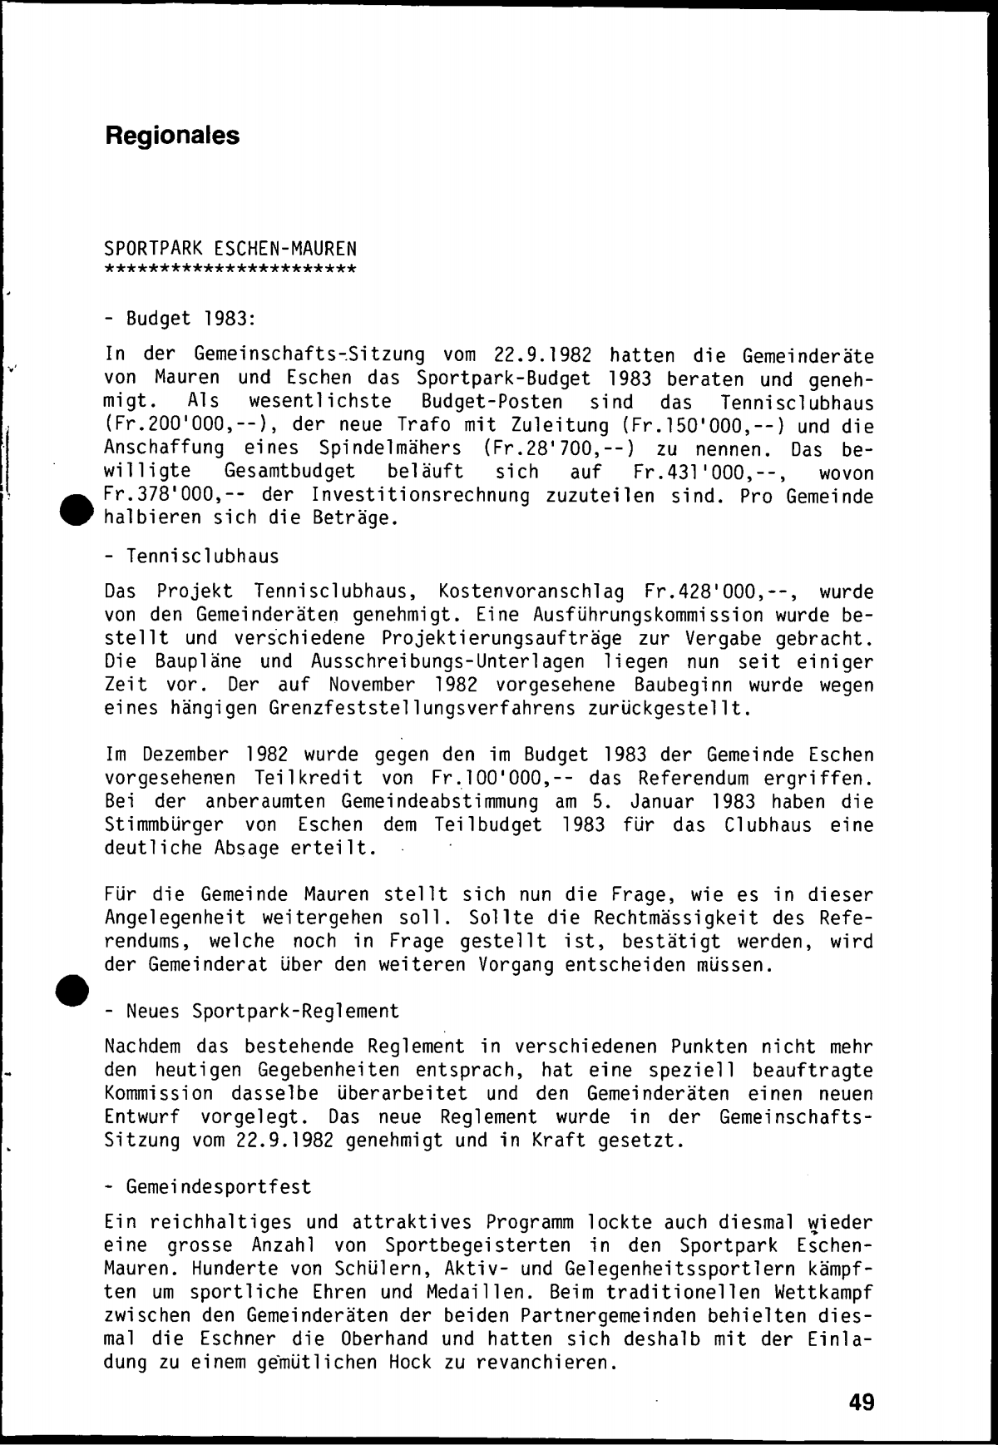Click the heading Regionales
tap(172, 136)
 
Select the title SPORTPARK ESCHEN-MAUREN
tap(230, 248)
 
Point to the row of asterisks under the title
tap(230, 269)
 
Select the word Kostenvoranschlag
tap(531, 592)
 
